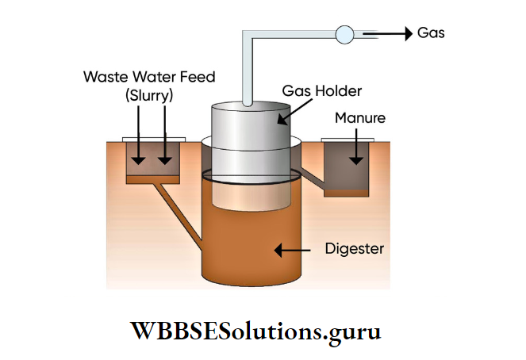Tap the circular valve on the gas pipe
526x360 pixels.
point(345,34)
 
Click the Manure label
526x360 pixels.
point(359,118)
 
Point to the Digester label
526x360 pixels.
point(355,249)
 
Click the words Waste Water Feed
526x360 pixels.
point(150,78)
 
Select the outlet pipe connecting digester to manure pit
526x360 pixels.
point(313,179)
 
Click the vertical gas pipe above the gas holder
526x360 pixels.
point(248,71)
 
